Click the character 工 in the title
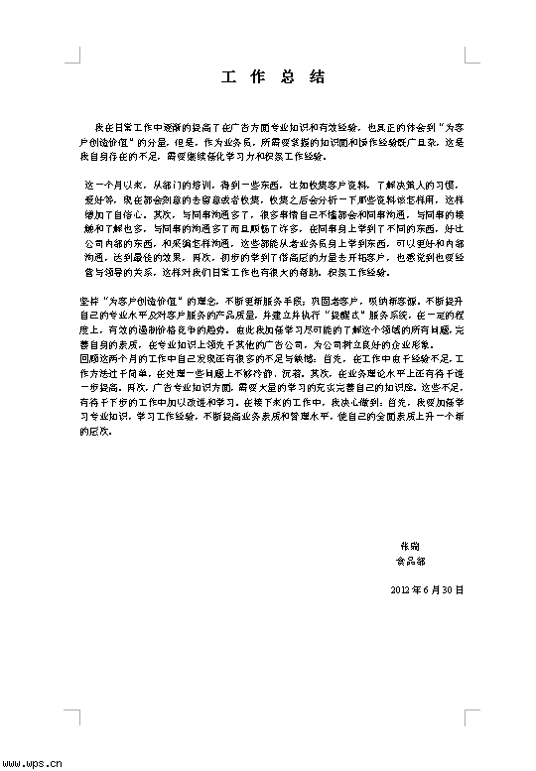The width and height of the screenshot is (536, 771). tap(227, 77)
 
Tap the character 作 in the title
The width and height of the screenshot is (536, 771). tap(255, 77)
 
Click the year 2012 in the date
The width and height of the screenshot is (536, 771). tap(403, 589)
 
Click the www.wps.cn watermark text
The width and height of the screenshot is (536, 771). tap(33, 763)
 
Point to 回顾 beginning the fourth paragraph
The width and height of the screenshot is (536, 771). tap(87, 354)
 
